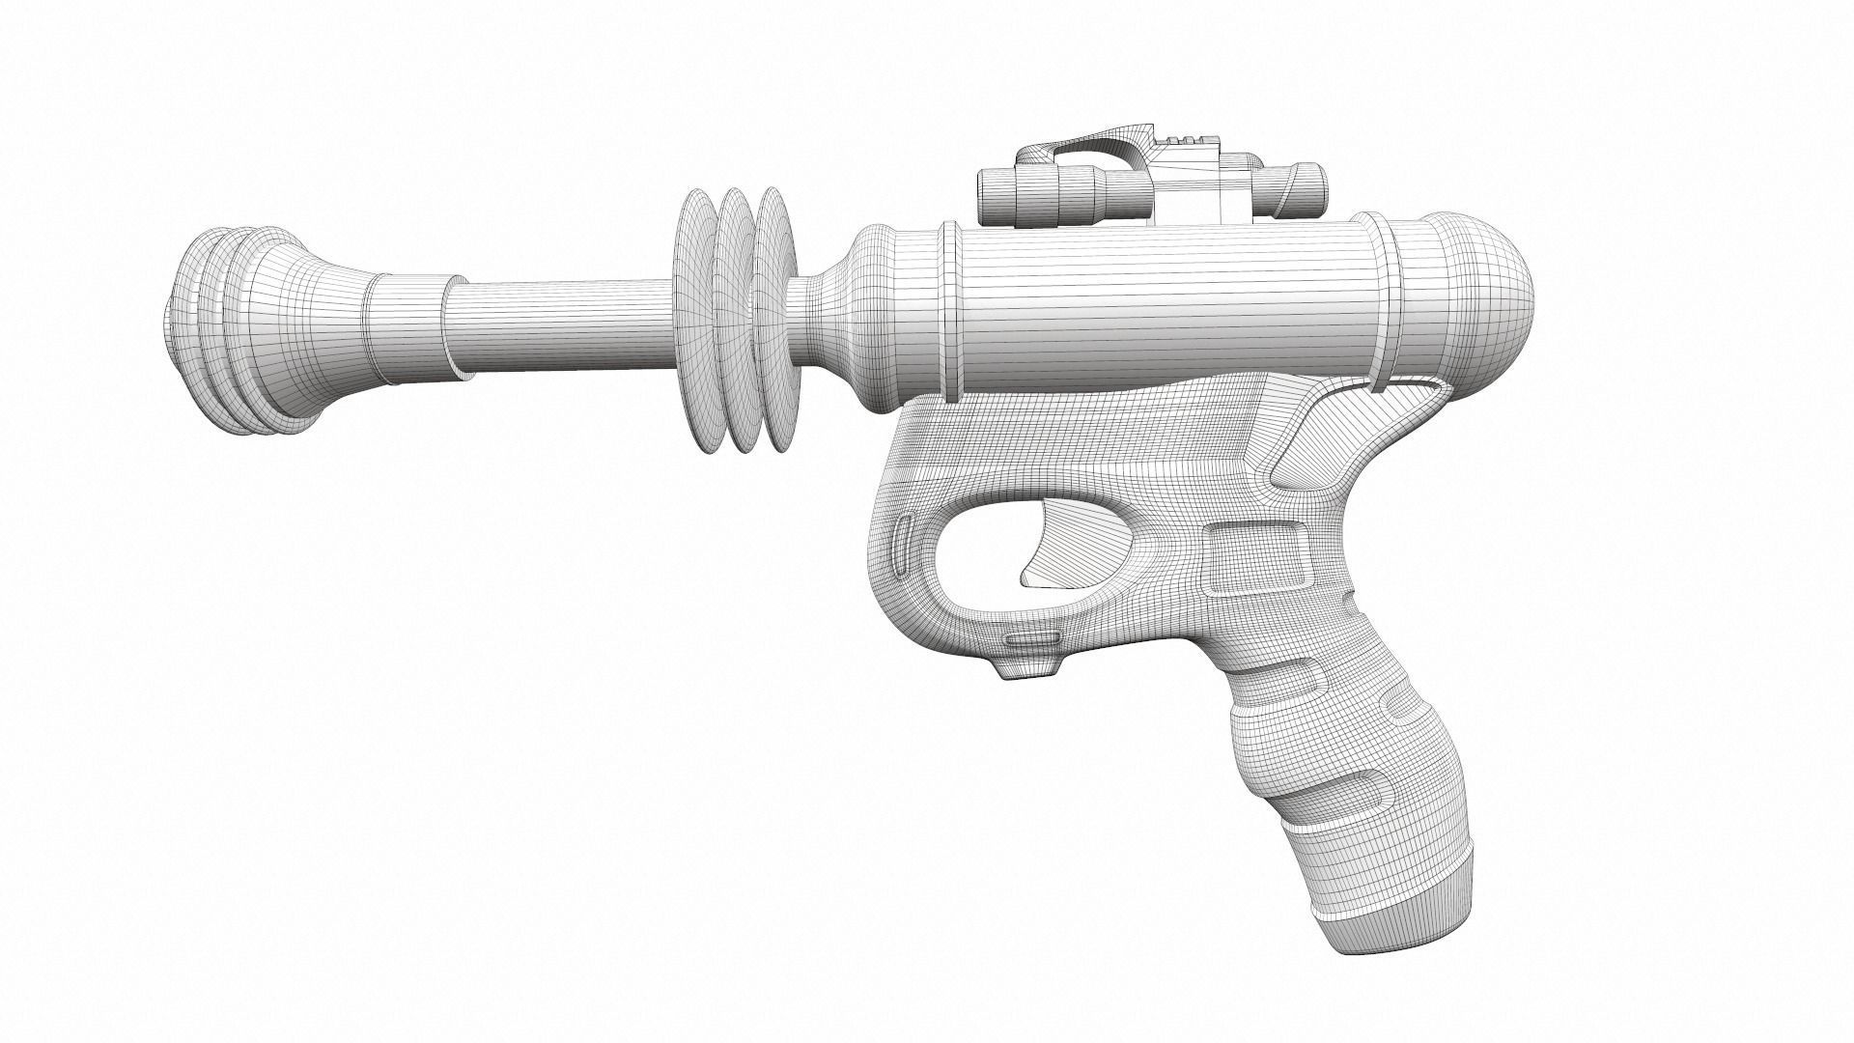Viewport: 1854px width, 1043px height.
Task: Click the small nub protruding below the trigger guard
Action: click(1026, 668)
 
